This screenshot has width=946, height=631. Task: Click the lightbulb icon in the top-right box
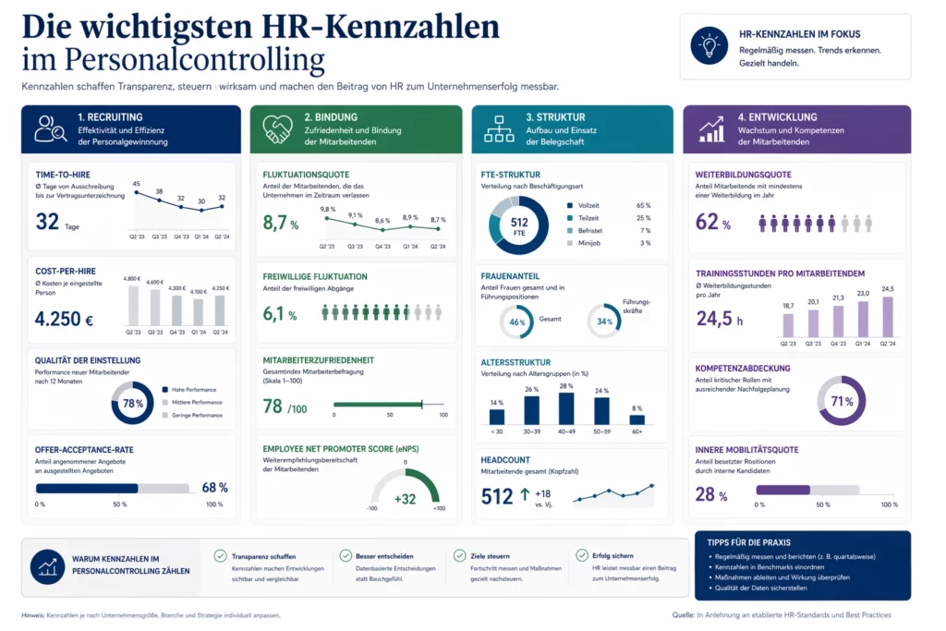(709, 46)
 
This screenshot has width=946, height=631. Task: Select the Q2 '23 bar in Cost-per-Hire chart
(133, 306)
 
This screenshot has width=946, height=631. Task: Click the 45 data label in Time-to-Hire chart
(137, 184)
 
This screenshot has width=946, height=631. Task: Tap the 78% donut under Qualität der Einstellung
(132, 403)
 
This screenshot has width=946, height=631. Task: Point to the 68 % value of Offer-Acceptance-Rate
(214, 487)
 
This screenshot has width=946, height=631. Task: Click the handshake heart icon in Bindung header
(277, 128)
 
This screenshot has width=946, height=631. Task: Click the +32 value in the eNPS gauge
(405, 499)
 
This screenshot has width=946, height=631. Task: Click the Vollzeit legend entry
(588, 205)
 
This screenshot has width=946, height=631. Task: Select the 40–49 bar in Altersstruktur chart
(566, 407)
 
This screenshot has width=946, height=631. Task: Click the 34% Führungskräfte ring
(605, 322)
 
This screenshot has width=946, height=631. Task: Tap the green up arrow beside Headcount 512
(525, 496)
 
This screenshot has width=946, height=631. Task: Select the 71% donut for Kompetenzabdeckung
(842, 401)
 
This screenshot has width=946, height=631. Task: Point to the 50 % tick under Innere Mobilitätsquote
(823, 504)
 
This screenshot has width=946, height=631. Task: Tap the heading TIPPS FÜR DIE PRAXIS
(753, 541)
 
